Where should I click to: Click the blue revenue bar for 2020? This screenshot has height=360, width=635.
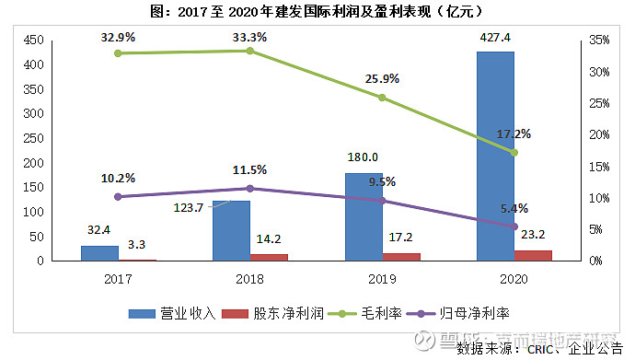click(x=495, y=157)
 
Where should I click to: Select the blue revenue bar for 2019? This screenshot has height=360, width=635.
click(x=364, y=217)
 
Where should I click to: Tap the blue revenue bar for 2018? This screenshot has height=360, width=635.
click(x=231, y=231)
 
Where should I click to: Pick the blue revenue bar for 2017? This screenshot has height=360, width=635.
click(x=99, y=253)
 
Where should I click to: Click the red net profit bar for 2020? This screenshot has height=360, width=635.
click(x=533, y=255)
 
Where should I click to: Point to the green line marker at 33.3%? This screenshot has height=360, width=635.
click(x=249, y=51)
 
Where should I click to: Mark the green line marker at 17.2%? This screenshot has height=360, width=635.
click(x=514, y=152)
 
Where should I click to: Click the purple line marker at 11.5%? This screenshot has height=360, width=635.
click(x=249, y=188)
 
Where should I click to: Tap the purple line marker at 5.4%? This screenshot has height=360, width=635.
click(x=514, y=226)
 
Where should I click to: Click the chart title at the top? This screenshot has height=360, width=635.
click(x=317, y=11)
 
